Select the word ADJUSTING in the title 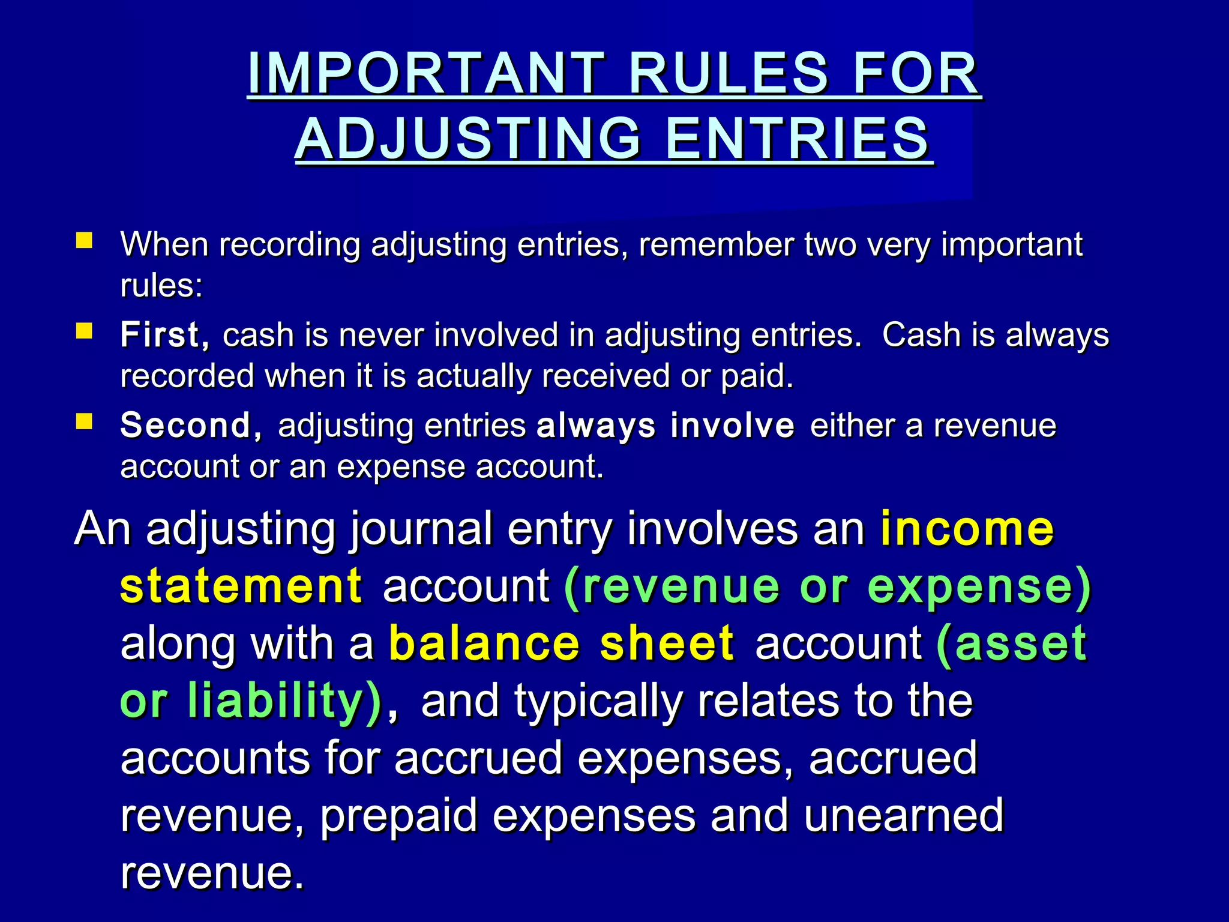click(x=468, y=139)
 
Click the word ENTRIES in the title click(x=798, y=139)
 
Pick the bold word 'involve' click(x=733, y=426)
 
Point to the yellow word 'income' click(x=967, y=528)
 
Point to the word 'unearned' click(x=903, y=815)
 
